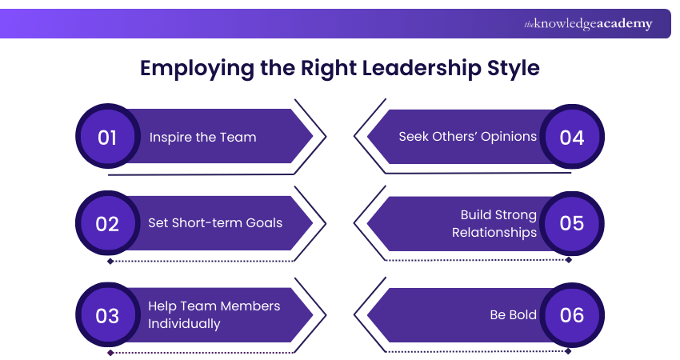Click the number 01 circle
pyautogui.click(x=107, y=137)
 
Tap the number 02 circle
pyautogui.click(x=107, y=223)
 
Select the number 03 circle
pyautogui.click(x=107, y=314)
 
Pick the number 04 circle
pyautogui.click(x=572, y=137)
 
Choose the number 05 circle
pyautogui.click(x=572, y=223)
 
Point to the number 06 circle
pyautogui.click(x=572, y=314)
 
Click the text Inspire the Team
pyautogui.click(x=202, y=137)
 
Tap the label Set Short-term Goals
pyautogui.click(x=215, y=222)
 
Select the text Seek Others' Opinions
pyautogui.click(x=467, y=136)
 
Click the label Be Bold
pyautogui.click(x=513, y=314)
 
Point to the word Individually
pyautogui.click(x=184, y=323)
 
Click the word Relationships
pyautogui.click(x=494, y=233)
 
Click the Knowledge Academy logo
pyautogui.click(x=588, y=24)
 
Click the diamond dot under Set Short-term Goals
pyautogui.click(x=110, y=261)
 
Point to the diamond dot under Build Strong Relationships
pyautogui.click(x=569, y=260)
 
